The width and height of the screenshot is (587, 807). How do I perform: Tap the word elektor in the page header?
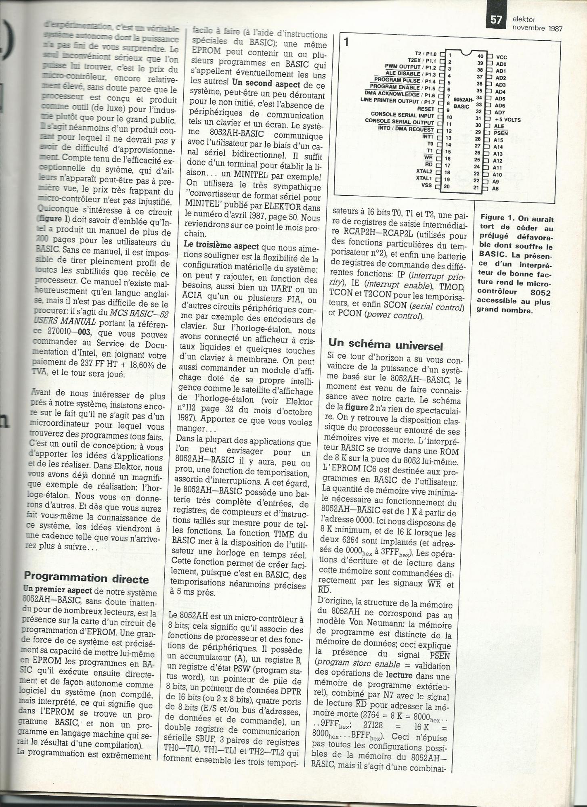[524, 19]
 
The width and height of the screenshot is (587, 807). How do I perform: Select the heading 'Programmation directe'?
[86, 578]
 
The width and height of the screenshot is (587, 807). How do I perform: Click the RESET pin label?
[426, 109]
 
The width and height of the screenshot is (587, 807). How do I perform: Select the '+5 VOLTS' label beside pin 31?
[507, 119]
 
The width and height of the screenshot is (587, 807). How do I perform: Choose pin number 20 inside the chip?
[447, 186]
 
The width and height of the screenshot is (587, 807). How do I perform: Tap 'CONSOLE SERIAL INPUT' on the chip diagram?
[403, 115]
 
